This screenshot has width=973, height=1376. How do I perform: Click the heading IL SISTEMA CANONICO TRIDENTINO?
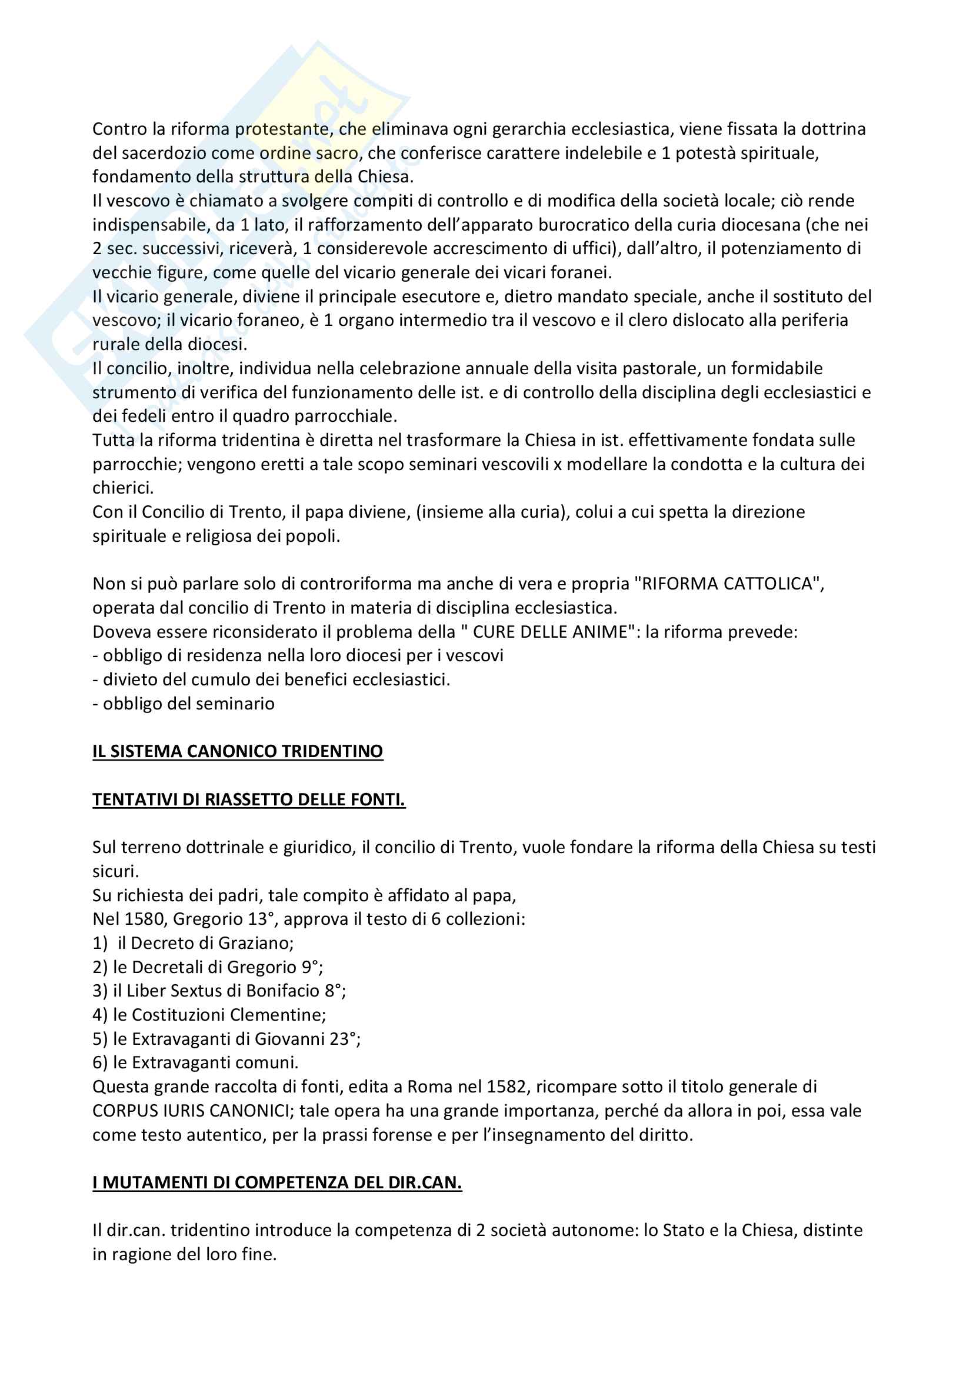pos(237,751)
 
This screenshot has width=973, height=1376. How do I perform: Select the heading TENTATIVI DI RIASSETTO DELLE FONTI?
pos(249,799)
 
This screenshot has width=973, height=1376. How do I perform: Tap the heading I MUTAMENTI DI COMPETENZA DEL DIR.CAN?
pos(277,1182)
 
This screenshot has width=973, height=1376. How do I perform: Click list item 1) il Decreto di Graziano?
pos(193,942)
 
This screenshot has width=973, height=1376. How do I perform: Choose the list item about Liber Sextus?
pos(219,991)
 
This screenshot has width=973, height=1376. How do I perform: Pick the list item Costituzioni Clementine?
pos(209,1015)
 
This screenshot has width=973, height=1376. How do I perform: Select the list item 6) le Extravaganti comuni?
pos(195,1062)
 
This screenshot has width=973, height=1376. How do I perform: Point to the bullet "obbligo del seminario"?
pos(184,703)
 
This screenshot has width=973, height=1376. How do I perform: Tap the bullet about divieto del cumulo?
pos(271,679)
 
